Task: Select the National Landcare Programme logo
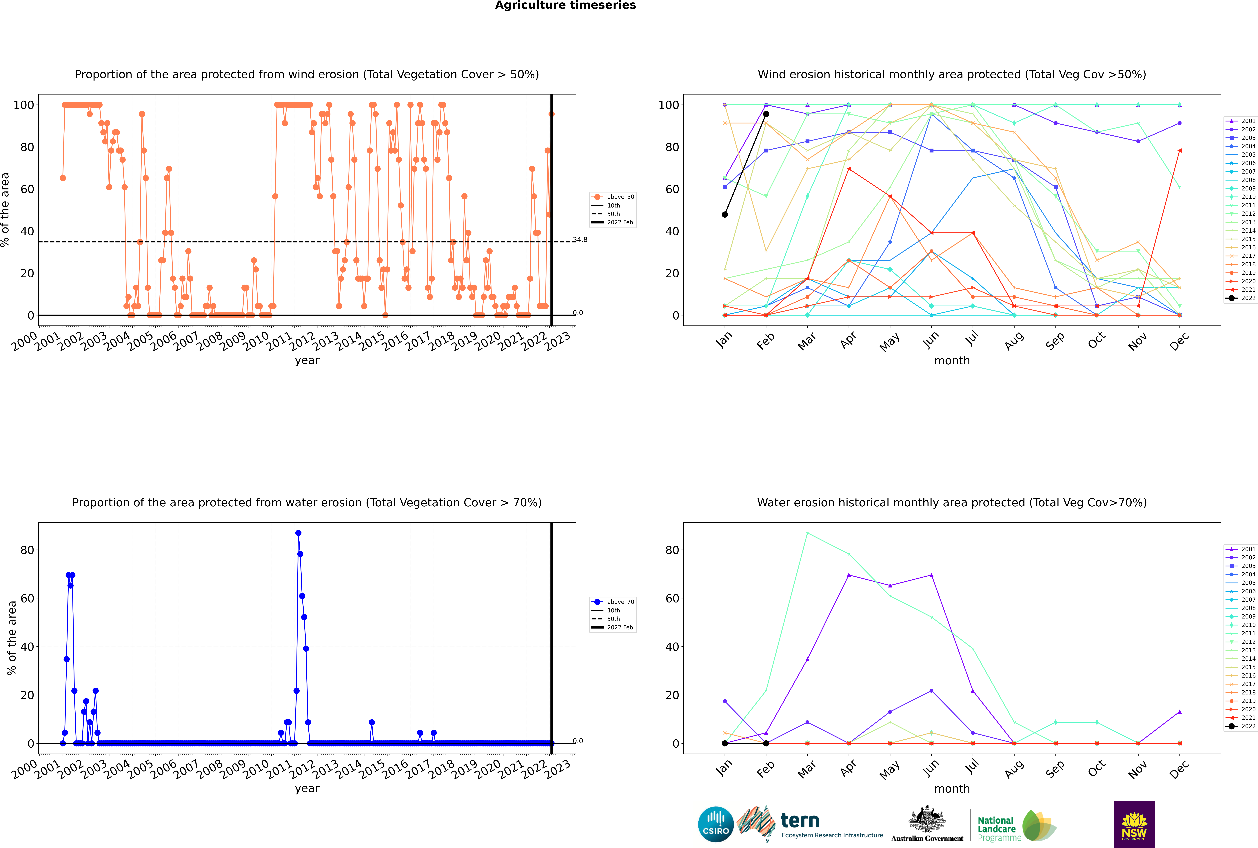[1017, 826]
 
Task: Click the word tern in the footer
[800, 821]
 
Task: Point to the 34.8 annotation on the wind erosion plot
[580, 240]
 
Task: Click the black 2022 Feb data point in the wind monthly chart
[766, 114]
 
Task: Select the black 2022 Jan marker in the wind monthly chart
[725, 215]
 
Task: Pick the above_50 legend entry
[613, 197]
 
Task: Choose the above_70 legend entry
[613, 602]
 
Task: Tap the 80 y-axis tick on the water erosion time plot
[27, 550]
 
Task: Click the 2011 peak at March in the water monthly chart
[807, 533]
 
